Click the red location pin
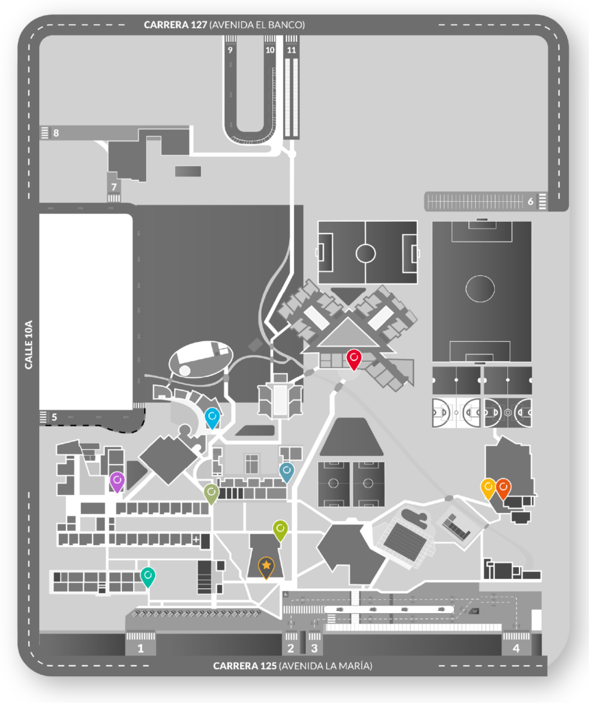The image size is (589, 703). point(354,358)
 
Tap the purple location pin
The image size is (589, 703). point(117,481)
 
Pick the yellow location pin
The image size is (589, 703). point(488,487)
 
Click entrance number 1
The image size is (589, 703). point(141,647)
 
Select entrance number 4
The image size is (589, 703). point(516,647)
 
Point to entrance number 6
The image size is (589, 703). point(531,201)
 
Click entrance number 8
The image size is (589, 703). point(56,132)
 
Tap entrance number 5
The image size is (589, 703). point(54,417)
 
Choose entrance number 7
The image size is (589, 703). point(115,186)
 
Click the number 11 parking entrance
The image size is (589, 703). point(292,50)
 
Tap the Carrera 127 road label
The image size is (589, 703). point(224,24)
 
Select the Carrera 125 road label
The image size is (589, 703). point(293,665)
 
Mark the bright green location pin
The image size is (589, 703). point(280,529)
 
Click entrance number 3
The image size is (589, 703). point(315,647)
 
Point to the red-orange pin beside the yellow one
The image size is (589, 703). point(503,487)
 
